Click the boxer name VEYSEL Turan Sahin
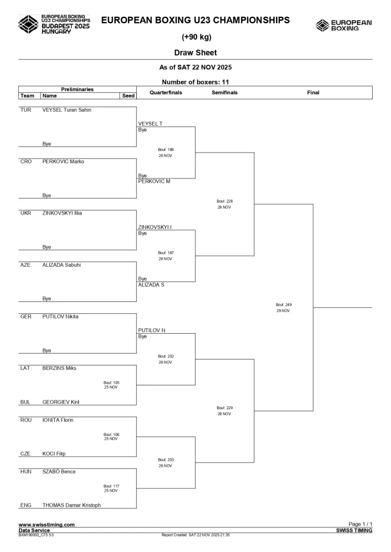coord(66,110)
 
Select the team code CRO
coord(25,161)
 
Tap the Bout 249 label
coord(283,305)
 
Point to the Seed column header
coord(127,96)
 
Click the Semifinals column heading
coord(224,93)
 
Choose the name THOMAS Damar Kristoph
coord(71,505)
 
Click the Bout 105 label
coord(111,382)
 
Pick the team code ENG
coord(26,505)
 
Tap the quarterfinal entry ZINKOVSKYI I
coord(154,227)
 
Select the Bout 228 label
coord(224,201)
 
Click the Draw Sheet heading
coord(195,53)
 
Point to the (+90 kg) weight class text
coord(195,37)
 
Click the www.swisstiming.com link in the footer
coord(46,525)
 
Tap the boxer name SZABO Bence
coord(59,472)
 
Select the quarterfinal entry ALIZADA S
coord(151,285)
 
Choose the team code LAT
coord(25,368)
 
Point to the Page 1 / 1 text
coord(360,525)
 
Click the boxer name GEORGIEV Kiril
coord(61,402)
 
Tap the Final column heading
coord(313,93)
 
